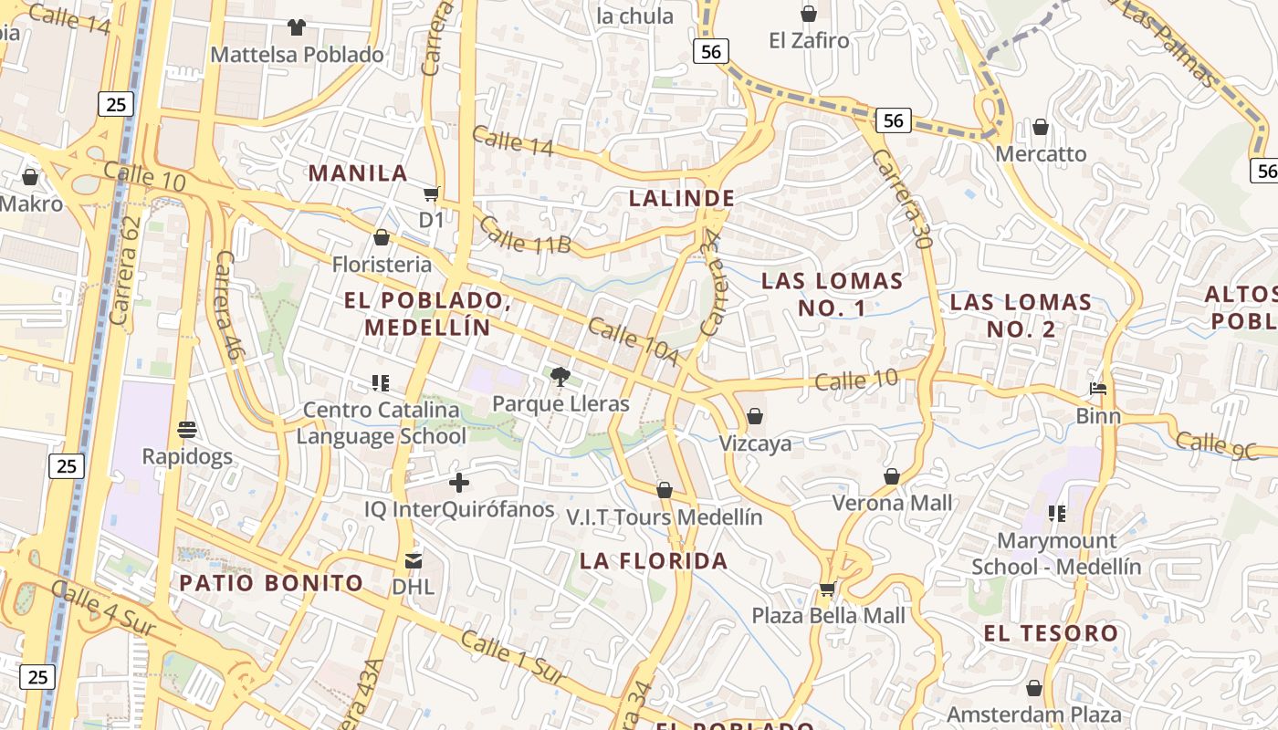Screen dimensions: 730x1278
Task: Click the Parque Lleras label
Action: click(x=560, y=403)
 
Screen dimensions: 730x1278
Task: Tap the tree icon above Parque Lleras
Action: click(x=560, y=376)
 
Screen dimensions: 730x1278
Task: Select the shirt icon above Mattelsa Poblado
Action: click(x=297, y=27)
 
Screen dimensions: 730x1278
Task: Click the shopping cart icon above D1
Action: click(x=431, y=193)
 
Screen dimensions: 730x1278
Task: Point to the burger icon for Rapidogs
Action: click(x=187, y=429)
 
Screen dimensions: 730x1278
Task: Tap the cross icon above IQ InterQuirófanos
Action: click(x=459, y=482)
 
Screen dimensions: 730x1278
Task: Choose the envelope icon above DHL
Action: click(x=414, y=560)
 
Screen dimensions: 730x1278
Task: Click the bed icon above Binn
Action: click(x=1098, y=390)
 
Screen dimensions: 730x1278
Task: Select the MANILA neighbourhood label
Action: click(x=358, y=173)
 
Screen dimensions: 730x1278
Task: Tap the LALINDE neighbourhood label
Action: click(x=682, y=198)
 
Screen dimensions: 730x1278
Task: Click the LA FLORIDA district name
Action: click(x=654, y=561)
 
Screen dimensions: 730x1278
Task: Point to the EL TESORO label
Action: click(x=1051, y=633)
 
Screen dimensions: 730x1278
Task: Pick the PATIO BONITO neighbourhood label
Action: click(x=271, y=583)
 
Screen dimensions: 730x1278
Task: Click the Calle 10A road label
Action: click(x=633, y=341)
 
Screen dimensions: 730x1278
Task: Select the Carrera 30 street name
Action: click(x=901, y=199)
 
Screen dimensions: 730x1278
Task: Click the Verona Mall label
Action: click(x=892, y=503)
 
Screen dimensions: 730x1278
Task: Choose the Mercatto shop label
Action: click(x=1041, y=153)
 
